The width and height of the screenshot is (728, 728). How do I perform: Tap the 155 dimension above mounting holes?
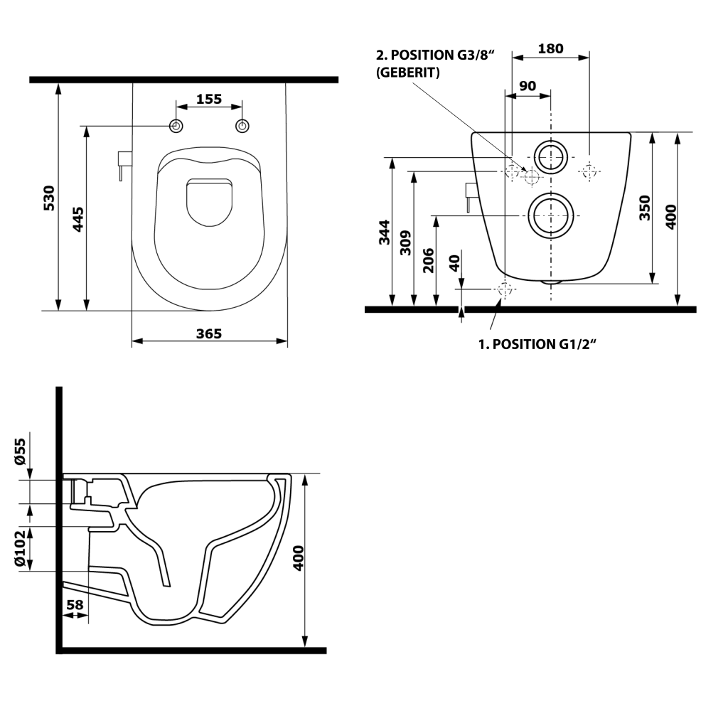tap(209, 100)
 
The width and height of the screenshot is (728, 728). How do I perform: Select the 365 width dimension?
tap(209, 333)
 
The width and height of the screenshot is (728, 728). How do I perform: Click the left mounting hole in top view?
tap(176, 127)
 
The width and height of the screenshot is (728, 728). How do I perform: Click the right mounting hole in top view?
tap(242, 127)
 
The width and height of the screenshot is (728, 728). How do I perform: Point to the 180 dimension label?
tap(550, 49)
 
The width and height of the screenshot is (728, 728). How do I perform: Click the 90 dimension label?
tap(528, 86)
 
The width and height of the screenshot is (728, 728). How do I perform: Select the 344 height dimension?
tap(383, 233)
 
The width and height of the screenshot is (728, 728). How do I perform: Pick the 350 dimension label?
tap(645, 208)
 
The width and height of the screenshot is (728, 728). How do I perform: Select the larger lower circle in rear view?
tap(550, 215)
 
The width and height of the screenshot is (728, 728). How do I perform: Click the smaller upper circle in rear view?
tap(551, 156)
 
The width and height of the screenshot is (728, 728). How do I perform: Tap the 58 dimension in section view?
tap(75, 605)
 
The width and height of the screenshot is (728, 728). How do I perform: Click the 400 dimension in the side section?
tap(298, 558)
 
